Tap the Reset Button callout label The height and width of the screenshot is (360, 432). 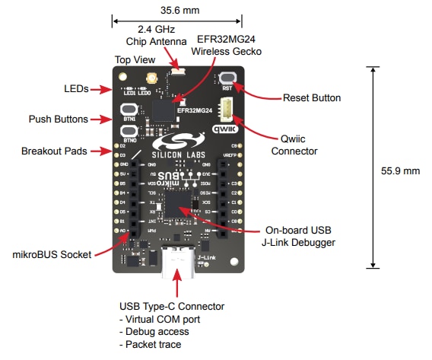(312, 97)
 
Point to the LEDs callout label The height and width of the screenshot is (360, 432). (76, 89)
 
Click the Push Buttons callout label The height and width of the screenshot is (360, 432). (59, 119)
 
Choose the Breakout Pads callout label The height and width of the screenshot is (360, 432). (56, 151)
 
